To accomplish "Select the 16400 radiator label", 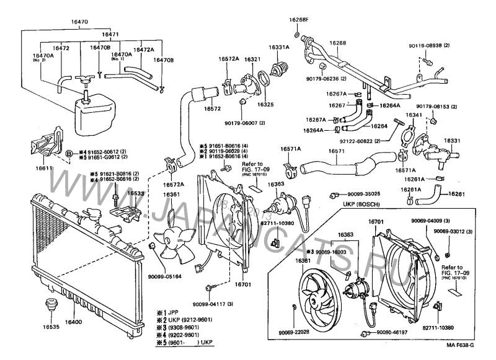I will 74,323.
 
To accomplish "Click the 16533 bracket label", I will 136,194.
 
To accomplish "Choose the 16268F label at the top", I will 298,19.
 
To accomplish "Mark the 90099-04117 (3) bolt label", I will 213,304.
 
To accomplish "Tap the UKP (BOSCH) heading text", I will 360,204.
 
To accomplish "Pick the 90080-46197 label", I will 392,333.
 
